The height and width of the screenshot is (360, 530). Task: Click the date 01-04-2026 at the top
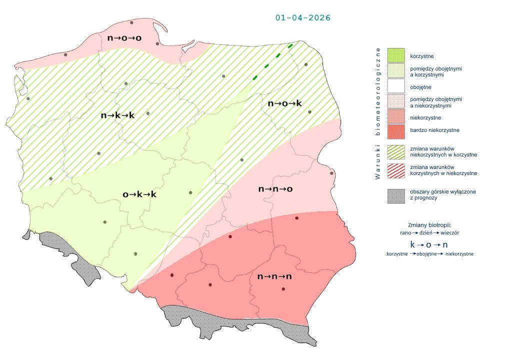(x=302, y=17)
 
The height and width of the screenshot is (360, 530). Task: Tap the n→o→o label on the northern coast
(x=124, y=37)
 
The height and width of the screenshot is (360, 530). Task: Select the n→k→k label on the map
(x=117, y=115)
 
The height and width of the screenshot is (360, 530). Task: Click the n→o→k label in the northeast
(x=285, y=103)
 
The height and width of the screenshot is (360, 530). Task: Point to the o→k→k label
(x=139, y=194)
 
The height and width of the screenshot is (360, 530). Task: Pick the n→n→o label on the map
(x=275, y=189)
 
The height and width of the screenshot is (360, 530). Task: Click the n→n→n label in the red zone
(x=274, y=276)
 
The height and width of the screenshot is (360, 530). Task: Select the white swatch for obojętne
(x=395, y=87)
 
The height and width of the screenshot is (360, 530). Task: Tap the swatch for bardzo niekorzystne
(x=395, y=131)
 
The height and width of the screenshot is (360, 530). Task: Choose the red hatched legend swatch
(x=395, y=170)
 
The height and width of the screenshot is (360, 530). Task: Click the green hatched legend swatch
(x=395, y=152)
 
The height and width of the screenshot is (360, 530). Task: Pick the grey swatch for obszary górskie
(x=395, y=195)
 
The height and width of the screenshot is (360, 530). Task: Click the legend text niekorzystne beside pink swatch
(x=425, y=117)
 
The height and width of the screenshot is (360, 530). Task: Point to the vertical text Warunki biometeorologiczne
(x=378, y=113)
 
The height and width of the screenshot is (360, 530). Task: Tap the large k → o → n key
(x=428, y=245)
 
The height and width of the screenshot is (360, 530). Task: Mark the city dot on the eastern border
(x=331, y=173)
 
